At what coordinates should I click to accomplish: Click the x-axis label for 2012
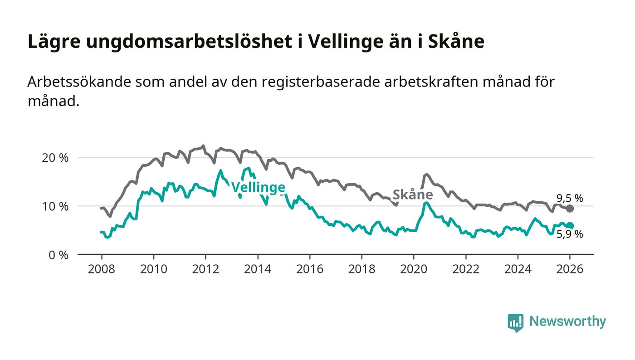pyautogui.click(x=205, y=268)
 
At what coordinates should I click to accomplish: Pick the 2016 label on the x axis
pyautogui.click(x=309, y=268)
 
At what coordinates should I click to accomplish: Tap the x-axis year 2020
pyautogui.click(x=413, y=268)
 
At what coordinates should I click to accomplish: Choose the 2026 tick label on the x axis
pyautogui.click(x=570, y=268)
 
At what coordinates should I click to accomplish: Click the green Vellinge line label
pyautogui.click(x=258, y=187)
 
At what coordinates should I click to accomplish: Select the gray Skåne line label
pyautogui.click(x=413, y=195)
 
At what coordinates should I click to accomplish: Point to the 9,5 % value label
pyautogui.click(x=570, y=198)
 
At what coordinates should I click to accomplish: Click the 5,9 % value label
pyautogui.click(x=570, y=234)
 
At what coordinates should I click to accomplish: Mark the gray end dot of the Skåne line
pyautogui.click(x=570, y=209)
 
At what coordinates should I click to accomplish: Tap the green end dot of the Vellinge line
pyautogui.click(x=570, y=226)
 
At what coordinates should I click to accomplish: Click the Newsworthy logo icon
pyautogui.click(x=515, y=322)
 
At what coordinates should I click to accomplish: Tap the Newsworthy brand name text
pyautogui.click(x=567, y=321)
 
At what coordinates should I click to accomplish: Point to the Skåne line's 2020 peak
pyautogui.click(x=426, y=174)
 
